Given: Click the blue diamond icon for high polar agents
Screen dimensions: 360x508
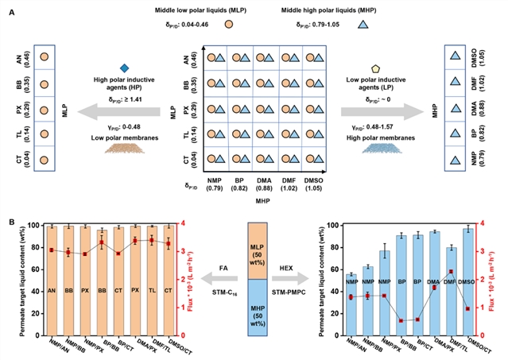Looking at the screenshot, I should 123,68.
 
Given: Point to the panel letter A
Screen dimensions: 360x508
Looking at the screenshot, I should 10,7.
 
